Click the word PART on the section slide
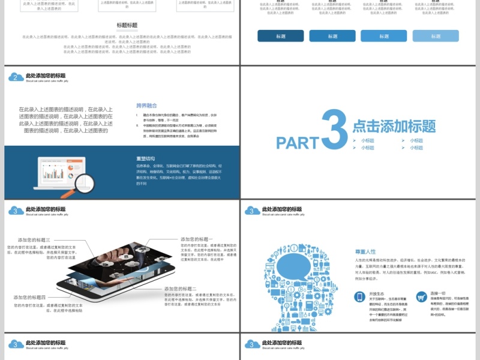[298, 142]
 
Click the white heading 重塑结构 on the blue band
[145, 158]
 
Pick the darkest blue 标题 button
[281, 36]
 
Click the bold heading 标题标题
[127, 25]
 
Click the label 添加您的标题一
[197, 239]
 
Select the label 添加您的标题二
[181, 289]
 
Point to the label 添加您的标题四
[30, 298]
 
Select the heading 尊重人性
[365, 251]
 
